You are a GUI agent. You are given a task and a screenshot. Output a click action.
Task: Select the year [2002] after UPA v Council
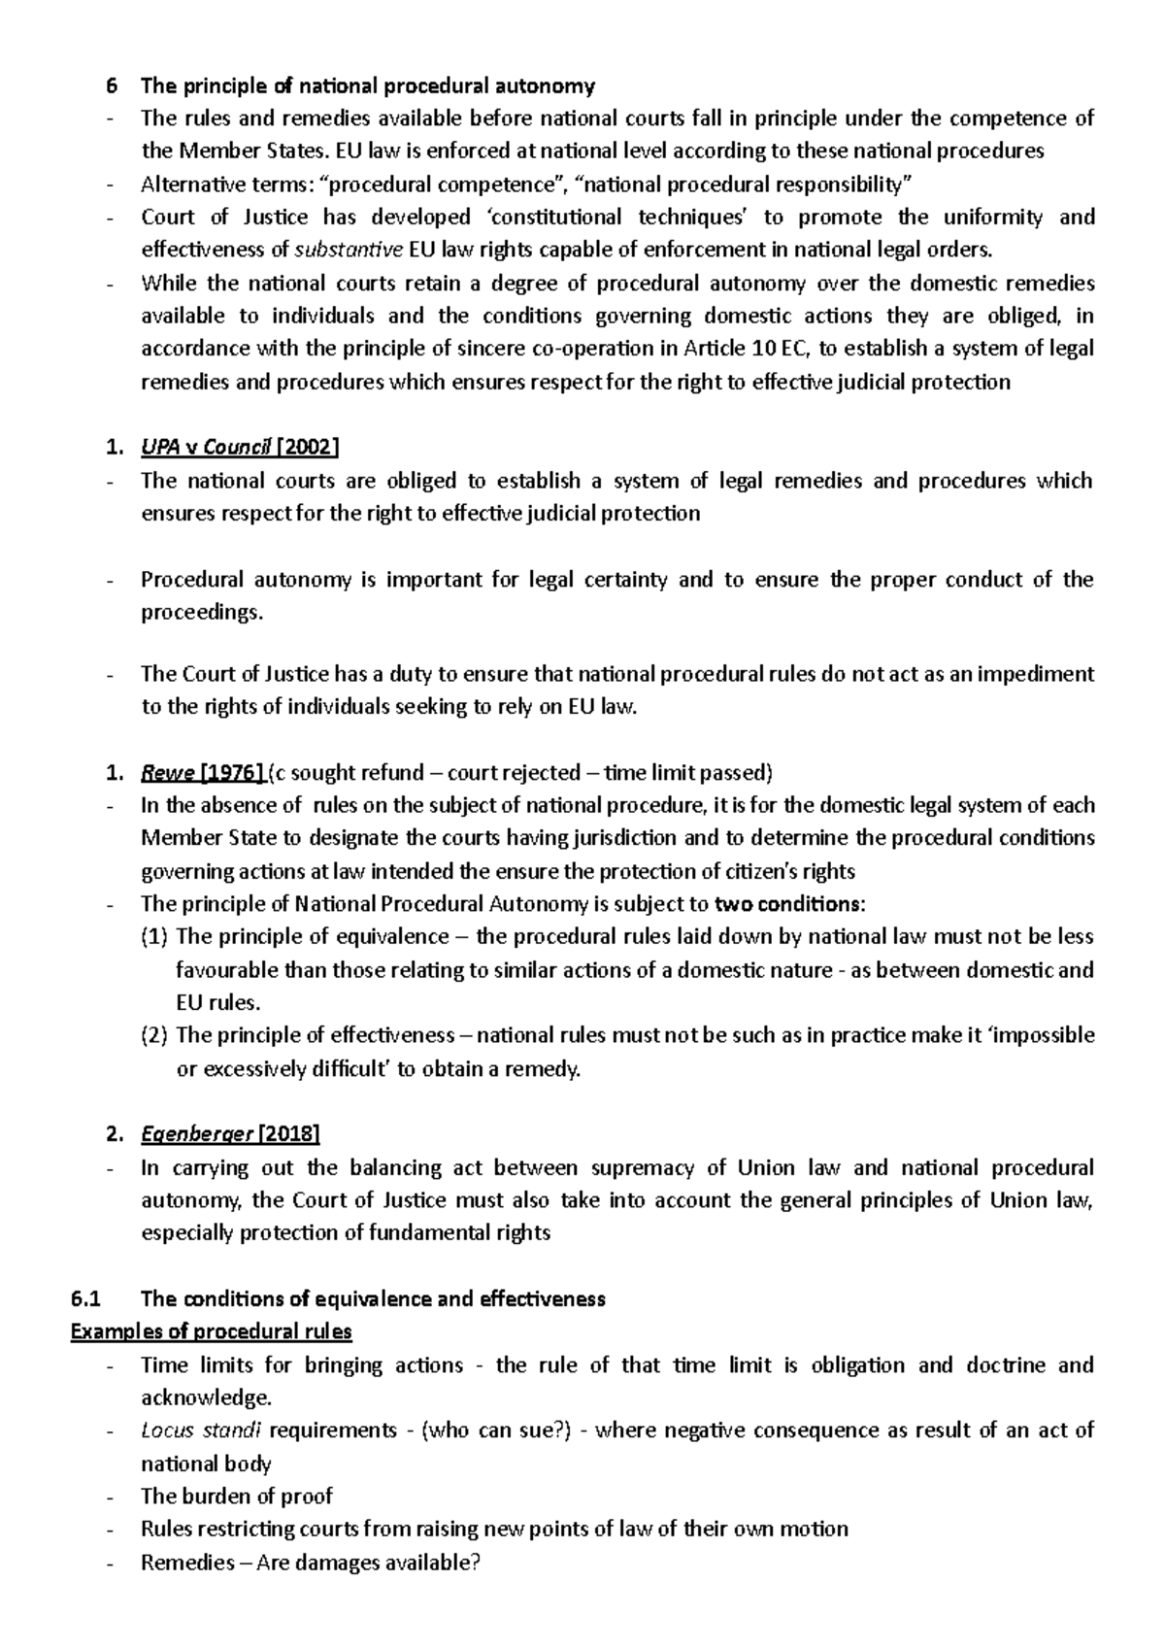(x=308, y=447)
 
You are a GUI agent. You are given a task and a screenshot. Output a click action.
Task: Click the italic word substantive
(x=349, y=250)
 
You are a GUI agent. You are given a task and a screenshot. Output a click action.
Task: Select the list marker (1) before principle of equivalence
(x=154, y=937)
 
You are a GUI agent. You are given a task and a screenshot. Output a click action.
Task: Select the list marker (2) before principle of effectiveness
(x=154, y=1035)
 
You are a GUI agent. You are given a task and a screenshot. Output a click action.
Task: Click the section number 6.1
(x=85, y=1299)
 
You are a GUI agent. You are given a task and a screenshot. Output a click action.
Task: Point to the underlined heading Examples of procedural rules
(x=212, y=1331)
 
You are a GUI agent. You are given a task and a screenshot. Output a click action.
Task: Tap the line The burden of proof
(x=237, y=1497)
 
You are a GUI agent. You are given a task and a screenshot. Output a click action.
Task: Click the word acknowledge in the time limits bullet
(x=205, y=1397)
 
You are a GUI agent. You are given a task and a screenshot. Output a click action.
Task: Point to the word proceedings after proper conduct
(x=201, y=613)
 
